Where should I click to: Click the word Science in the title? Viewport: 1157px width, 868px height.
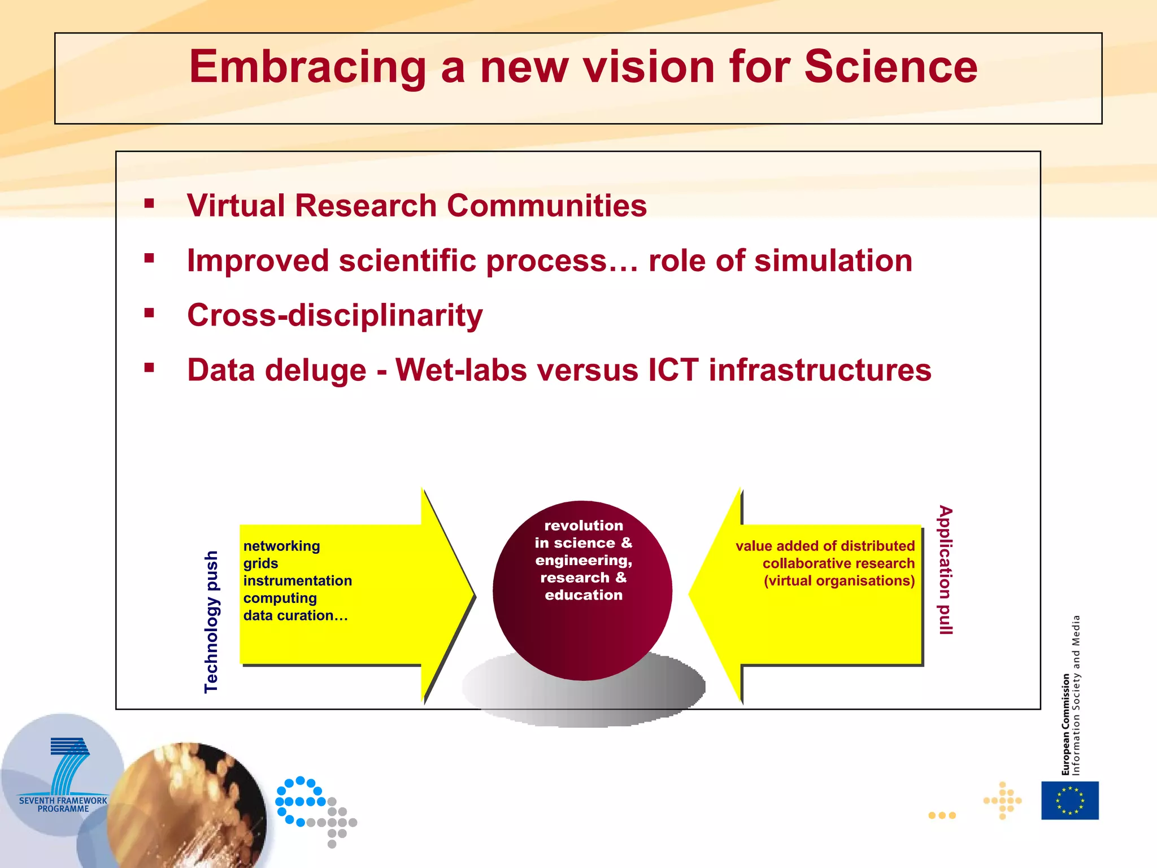pos(890,67)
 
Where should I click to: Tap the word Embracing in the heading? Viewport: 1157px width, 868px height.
pos(307,67)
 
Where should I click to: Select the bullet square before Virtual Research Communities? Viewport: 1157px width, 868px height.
pos(149,203)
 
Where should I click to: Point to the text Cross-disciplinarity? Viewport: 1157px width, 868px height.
pos(335,315)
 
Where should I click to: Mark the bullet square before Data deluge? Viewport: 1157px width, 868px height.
pos(149,368)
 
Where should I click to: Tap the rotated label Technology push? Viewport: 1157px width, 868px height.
pos(211,622)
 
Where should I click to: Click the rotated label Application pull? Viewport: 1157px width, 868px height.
pos(945,570)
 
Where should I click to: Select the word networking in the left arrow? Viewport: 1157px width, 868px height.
pos(281,546)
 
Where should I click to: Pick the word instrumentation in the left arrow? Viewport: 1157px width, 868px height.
pos(297,580)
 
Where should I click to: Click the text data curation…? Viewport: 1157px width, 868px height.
pos(295,615)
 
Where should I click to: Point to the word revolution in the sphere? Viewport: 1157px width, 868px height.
pos(584,526)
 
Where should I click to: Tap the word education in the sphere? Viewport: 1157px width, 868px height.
pos(584,595)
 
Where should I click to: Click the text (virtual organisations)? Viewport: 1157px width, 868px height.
pos(839,581)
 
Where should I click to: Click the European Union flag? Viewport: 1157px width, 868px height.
pos(1069,800)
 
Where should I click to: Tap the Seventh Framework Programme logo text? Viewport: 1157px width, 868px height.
pos(63,804)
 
